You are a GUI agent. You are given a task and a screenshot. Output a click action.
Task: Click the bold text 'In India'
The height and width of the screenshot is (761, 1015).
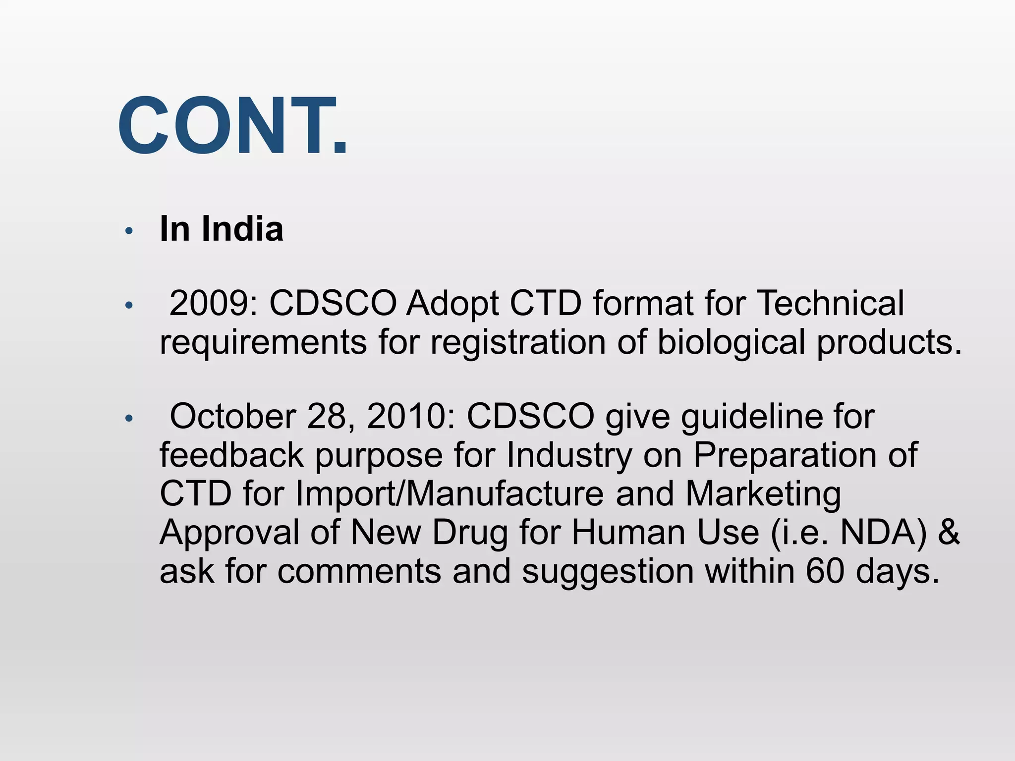pos(221,229)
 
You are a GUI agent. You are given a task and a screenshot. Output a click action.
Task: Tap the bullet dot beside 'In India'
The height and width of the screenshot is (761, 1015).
pos(129,231)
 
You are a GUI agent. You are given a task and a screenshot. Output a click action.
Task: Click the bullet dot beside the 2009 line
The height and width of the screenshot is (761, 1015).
pos(129,305)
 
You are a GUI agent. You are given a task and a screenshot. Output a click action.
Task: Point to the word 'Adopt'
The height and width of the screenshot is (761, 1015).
pos(452,304)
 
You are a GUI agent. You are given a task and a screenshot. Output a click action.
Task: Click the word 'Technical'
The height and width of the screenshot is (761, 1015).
pos(831,303)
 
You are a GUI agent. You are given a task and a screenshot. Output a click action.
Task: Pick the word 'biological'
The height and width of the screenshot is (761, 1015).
pos(731,343)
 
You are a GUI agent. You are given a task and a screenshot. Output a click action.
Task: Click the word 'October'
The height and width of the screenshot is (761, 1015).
pos(232,416)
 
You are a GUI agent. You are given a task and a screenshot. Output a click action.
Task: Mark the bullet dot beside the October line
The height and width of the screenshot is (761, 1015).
pos(129,419)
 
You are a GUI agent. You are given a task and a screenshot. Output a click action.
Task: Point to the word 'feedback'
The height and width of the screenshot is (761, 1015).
pos(231,455)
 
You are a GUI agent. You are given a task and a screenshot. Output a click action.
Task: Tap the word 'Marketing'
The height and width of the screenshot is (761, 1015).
pos(763,494)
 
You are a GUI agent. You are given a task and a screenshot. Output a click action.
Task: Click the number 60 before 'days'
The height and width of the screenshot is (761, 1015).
pos(825,571)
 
